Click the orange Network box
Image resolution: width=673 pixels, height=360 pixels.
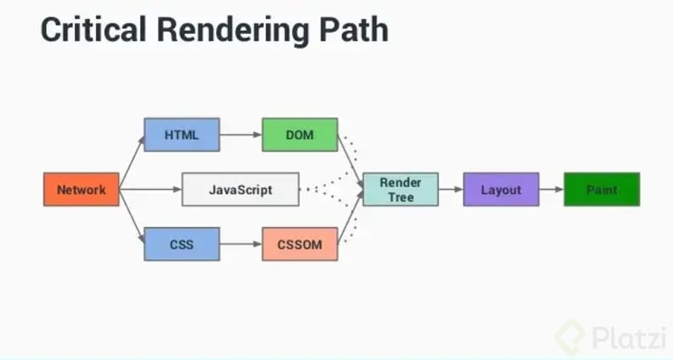tap(82, 190)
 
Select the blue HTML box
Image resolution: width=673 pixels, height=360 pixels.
tap(181, 135)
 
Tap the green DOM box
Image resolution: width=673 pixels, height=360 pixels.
tap(300, 135)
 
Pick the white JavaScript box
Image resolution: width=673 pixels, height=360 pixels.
tap(241, 190)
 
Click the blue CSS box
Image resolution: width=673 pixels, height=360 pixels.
tap(181, 244)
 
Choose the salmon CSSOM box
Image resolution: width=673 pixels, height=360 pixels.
tap(300, 244)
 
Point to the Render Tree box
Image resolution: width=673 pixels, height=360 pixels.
tap(401, 190)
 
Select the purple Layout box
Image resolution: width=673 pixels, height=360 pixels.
tap(501, 190)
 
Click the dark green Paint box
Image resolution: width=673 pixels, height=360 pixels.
tap(602, 190)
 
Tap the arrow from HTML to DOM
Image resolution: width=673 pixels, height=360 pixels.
tap(241, 135)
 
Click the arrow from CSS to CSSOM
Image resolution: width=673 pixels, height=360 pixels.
tap(241, 244)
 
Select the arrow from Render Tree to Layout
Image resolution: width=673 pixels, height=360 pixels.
tap(451, 190)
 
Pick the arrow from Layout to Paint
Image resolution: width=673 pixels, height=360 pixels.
tap(551, 190)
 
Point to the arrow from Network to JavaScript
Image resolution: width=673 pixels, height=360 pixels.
tap(150, 190)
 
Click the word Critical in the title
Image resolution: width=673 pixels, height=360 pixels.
tap(87, 31)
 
